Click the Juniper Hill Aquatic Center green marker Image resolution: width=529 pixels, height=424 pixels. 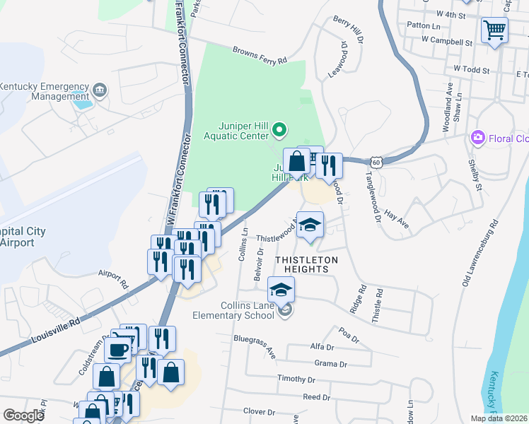pyautogui.click(x=279, y=129)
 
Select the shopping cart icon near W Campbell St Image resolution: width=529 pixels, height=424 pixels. pyautogui.click(x=494, y=30)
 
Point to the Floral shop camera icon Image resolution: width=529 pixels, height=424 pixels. pyautogui.click(x=478, y=136)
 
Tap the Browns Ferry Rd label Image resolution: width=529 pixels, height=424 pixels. pyautogui.click(x=260, y=55)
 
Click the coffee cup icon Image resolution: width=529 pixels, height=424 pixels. pyautogui.click(x=119, y=349)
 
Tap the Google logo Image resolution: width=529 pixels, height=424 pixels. pyautogui.click(x=23, y=416)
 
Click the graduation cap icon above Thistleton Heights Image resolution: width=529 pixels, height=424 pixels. pyautogui.click(x=310, y=225)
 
